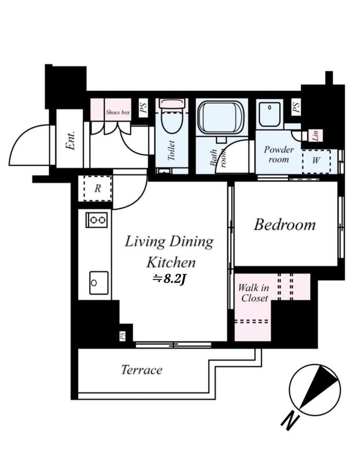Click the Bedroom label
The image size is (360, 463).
[285, 225]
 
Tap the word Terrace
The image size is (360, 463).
[142, 370]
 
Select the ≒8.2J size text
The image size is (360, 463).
[168, 279]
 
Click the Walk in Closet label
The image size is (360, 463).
[254, 293]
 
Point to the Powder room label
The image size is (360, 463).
[278, 155]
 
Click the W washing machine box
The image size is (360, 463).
[316, 161]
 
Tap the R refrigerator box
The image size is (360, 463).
[97, 189]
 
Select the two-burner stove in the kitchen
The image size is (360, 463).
[97, 220]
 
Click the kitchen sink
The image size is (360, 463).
[99, 283]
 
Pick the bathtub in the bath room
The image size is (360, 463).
[221, 117]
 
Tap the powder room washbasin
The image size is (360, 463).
[270, 114]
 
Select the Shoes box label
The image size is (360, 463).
[118, 112]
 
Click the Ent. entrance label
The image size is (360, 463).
[71, 141]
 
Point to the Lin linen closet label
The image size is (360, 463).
[315, 135]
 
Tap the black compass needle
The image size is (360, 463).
[318, 387]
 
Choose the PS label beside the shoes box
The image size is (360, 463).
[143, 108]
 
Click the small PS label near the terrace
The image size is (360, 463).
[122, 336]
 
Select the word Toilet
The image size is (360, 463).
[171, 150]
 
